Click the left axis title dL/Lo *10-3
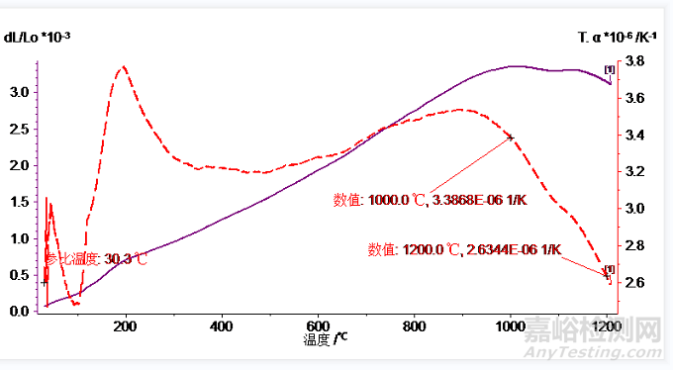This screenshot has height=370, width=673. click(38, 37)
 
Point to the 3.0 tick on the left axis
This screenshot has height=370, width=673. click(19, 92)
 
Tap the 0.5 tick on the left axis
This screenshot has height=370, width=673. click(19, 275)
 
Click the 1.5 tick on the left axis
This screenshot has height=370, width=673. click(19, 202)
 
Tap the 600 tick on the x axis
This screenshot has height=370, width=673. click(318, 324)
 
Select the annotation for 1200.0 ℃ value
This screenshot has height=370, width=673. click(464, 249)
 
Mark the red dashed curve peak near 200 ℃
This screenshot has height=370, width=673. click(124, 67)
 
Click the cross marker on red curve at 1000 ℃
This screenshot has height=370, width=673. click(511, 138)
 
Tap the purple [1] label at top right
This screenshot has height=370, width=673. click(609, 69)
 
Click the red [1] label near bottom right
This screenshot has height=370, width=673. click(609, 269)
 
